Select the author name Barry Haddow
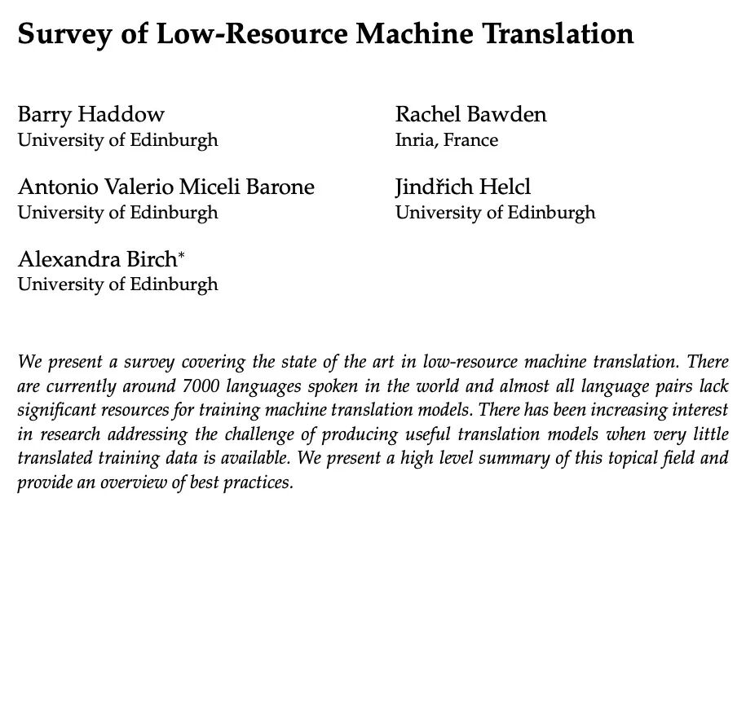coord(91,114)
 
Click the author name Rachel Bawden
coord(470,114)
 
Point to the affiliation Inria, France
coord(447,140)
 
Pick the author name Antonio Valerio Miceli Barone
coord(166,187)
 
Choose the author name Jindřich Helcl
coord(462,187)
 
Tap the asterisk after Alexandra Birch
coord(182,255)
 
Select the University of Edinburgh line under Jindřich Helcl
coord(495,213)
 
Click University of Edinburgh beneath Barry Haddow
coord(117,140)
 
